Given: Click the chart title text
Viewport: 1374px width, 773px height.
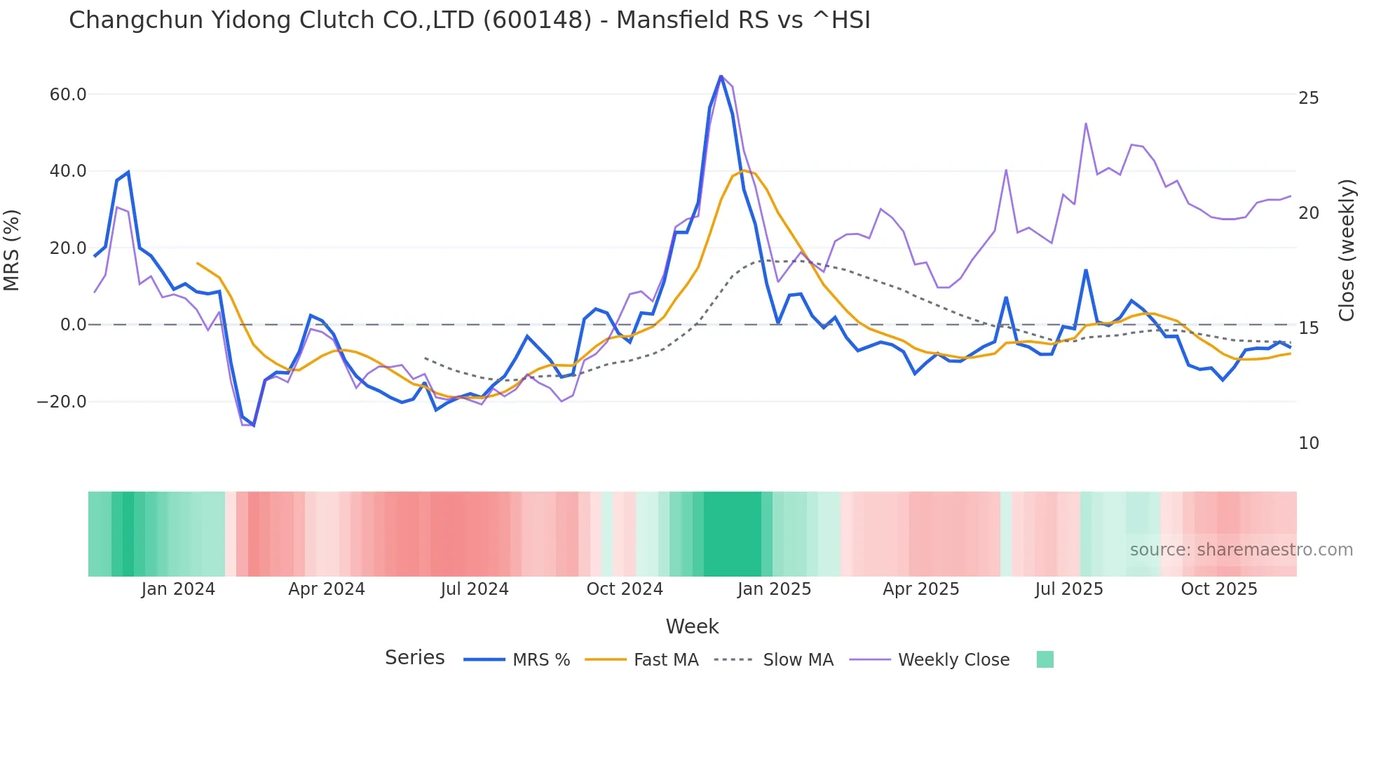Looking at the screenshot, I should [469, 20].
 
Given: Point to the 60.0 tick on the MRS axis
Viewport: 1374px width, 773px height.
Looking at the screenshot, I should [68, 95].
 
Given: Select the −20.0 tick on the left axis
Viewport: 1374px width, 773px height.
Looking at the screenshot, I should [62, 402].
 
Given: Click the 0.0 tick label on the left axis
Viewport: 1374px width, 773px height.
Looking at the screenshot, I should [73, 325].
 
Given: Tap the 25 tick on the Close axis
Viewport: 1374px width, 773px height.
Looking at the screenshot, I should [1308, 98].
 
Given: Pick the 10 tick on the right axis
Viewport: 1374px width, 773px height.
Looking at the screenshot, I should [1308, 443].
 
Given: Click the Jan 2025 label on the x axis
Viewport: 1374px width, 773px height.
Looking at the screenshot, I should [774, 589].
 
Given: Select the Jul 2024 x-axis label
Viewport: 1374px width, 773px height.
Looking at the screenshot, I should [475, 589].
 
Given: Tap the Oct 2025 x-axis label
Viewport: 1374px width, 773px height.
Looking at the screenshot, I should [1219, 589].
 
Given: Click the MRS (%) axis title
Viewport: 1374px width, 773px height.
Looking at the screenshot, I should [12, 250].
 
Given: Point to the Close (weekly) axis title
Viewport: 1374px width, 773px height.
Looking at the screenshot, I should [1347, 250].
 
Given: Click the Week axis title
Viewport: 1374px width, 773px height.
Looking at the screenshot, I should [692, 626].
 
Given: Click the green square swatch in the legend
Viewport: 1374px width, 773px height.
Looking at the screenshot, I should [1045, 659].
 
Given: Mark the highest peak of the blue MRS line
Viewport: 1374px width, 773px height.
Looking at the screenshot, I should [721, 76].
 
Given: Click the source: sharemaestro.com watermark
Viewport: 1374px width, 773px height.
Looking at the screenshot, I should [1241, 550].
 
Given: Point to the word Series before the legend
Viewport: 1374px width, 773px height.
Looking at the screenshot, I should [414, 658].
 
